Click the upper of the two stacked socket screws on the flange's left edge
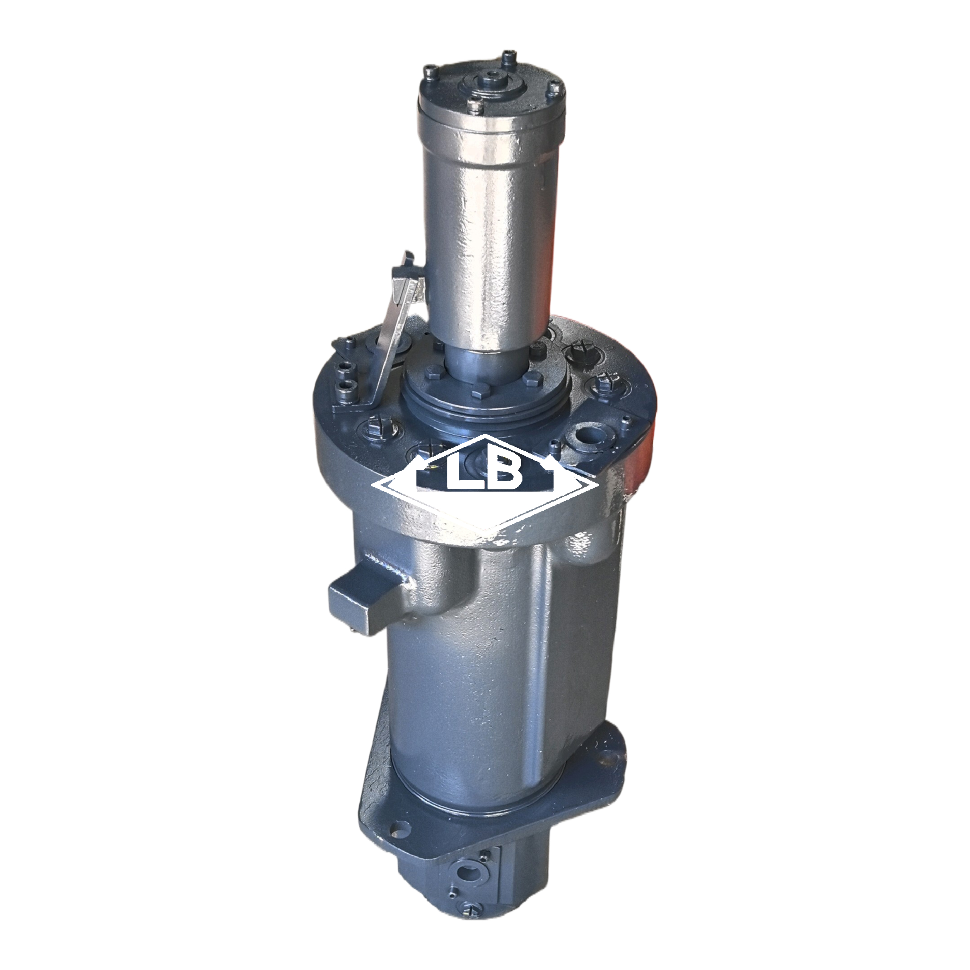345,369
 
